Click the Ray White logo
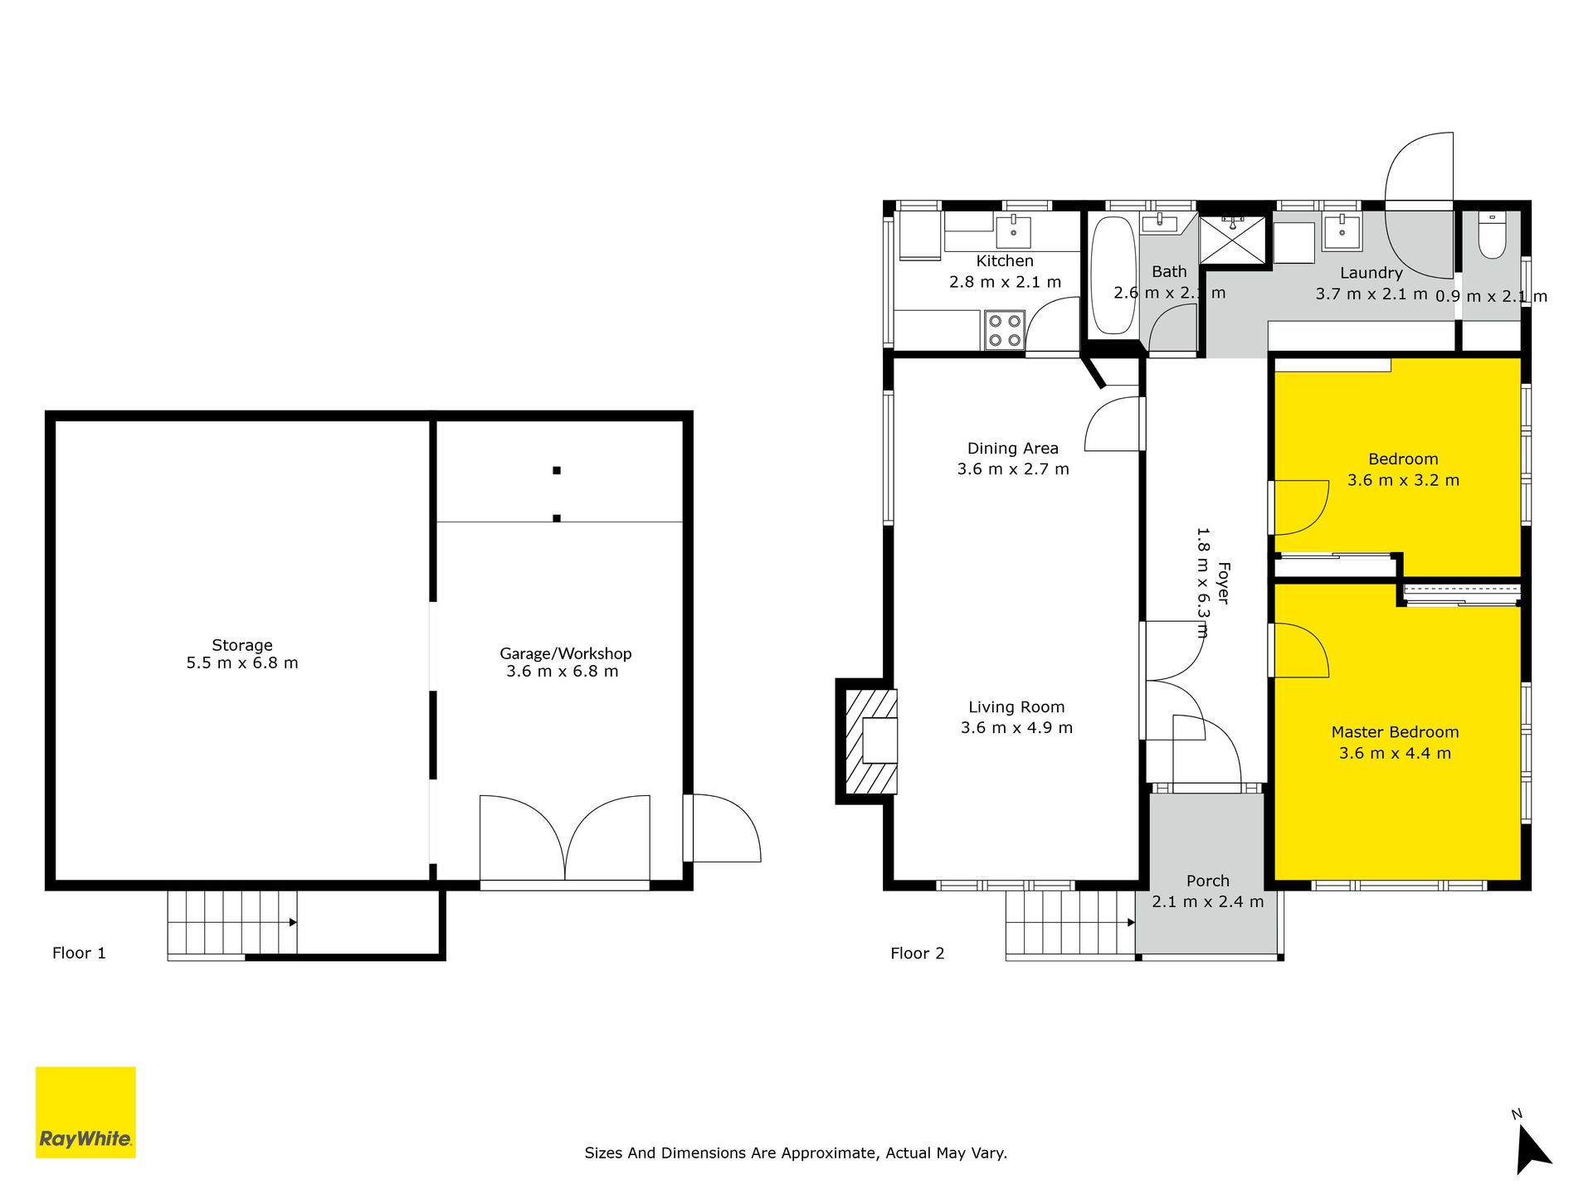[x=85, y=1112]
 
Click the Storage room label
[x=242, y=645]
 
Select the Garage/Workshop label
[x=565, y=653]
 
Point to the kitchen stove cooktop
[x=1005, y=329]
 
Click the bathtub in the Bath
[x=1113, y=275]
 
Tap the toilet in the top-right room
[x=1492, y=235]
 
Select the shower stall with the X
[x=1233, y=240]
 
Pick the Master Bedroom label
[x=1395, y=732]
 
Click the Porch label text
[x=1208, y=881]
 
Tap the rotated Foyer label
[x=1224, y=583]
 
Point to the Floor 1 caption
[x=79, y=953]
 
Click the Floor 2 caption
[x=918, y=953]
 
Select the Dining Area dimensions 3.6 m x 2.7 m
[x=1013, y=469]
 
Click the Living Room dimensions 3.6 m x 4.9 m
[x=1016, y=728]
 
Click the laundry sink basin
[x=1342, y=231]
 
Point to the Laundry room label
[x=1371, y=273]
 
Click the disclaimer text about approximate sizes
[x=796, y=1153]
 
